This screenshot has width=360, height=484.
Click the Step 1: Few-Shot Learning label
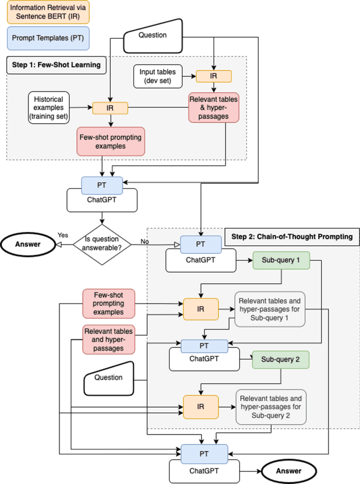[56, 65]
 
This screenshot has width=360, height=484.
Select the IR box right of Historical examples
[110, 107]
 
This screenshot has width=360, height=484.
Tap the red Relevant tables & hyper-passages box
[214, 107]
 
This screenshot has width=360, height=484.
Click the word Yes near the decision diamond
[62, 235]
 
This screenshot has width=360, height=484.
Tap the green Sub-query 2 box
[281, 360]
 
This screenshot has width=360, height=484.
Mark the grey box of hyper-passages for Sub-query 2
[271, 406]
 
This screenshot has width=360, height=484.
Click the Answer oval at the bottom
[287, 471]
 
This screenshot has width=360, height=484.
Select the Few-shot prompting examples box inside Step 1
[110, 142]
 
